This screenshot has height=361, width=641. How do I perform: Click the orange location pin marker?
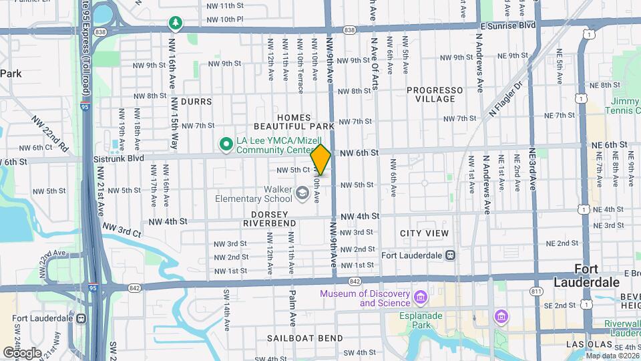pos(320,160)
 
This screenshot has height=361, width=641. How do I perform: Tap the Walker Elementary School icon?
pos(302,194)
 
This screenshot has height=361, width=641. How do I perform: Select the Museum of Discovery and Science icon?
pos(421,296)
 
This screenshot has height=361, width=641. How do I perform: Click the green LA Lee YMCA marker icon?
pos(226,142)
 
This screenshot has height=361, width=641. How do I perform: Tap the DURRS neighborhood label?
pos(196,102)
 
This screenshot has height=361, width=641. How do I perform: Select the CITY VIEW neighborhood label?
pos(424,233)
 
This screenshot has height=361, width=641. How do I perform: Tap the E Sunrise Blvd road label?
pos(508,25)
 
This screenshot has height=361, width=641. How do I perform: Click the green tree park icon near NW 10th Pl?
pos(176,23)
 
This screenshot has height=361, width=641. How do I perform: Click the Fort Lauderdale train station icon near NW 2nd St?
pos(451,255)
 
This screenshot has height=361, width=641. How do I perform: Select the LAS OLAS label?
pos(588,344)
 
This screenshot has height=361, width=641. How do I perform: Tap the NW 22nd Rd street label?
pos(50,133)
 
